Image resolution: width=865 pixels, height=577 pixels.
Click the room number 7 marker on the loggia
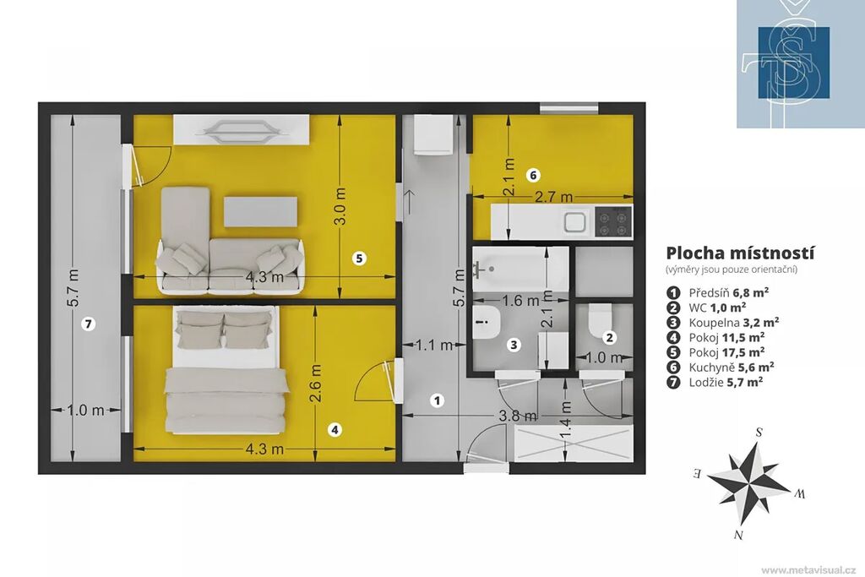[x=88, y=324]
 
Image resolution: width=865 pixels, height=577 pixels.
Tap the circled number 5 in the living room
[x=359, y=258]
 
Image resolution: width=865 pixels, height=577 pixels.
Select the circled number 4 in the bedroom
[x=335, y=430]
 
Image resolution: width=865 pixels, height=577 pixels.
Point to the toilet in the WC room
[x=601, y=320]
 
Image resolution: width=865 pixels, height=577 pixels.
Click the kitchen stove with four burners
[x=614, y=221]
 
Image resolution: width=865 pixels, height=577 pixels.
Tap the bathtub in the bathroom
[x=520, y=269]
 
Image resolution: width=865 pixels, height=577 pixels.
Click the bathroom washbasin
[x=487, y=323]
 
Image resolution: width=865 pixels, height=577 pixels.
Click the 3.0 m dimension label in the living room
[x=340, y=206]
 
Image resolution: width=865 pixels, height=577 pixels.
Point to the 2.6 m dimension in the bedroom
[x=316, y=384]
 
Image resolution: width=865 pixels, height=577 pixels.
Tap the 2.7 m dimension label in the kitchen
[x=553, y=197]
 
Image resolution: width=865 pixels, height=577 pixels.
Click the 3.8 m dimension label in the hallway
[x=518, y=416]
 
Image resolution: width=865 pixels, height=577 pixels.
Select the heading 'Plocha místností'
[x=740, y=253]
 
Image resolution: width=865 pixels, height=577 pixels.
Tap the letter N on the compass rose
[x=737, y=534]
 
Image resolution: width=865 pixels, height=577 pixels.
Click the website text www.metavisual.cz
[x=808, y=569]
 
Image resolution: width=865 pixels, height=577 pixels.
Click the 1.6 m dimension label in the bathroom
[x=520, y=301]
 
